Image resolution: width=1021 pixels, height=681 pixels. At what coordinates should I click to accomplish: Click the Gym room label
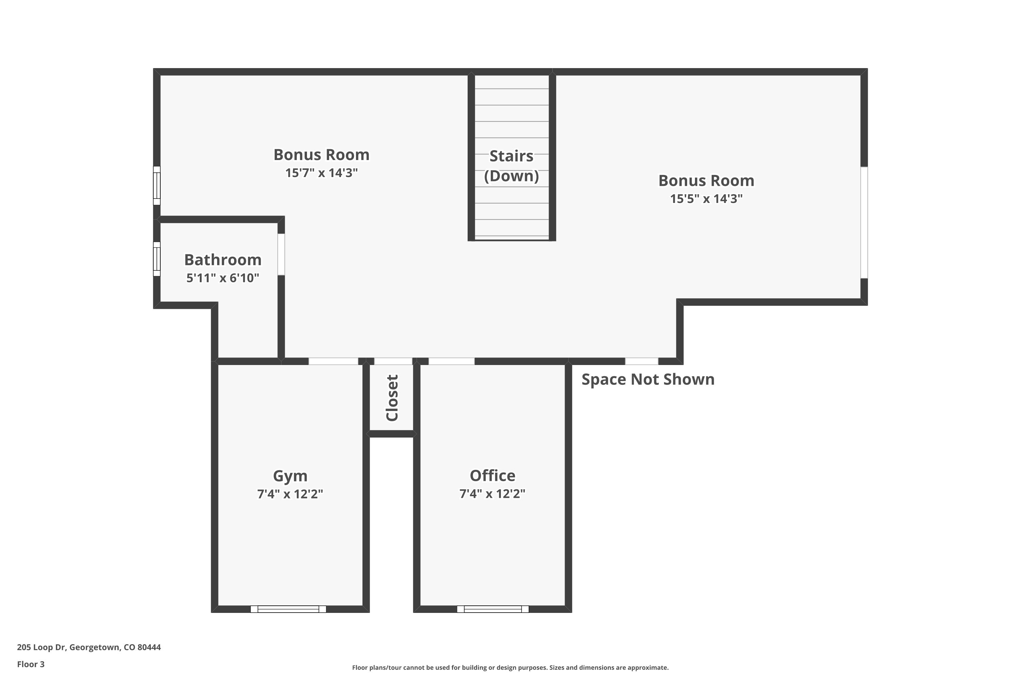290,476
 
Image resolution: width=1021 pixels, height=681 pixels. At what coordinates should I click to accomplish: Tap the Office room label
492,476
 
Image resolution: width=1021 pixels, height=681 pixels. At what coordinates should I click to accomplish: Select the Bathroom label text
223,260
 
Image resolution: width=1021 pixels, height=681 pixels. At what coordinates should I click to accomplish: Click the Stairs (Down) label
512,166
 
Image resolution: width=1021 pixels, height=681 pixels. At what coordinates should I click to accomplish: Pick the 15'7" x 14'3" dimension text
321,173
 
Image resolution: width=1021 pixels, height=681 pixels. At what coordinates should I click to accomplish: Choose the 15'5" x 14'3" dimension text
706,199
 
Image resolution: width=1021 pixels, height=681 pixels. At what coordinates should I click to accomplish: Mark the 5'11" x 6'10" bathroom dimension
223,278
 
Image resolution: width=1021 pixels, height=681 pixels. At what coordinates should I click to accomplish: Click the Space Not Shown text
648,379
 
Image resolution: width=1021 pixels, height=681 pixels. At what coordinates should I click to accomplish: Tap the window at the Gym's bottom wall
288,609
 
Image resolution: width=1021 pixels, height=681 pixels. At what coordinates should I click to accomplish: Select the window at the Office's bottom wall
493,609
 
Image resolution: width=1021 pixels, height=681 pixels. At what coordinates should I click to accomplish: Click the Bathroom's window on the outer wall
157,259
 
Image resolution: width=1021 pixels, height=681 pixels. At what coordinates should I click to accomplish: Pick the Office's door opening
452,361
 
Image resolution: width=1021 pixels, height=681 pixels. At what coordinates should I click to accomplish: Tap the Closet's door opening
393,361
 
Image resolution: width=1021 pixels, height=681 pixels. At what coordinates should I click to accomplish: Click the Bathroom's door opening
281,254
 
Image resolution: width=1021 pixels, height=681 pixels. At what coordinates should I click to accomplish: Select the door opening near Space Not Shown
641,361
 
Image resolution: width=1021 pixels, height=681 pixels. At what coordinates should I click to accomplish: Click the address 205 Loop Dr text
88,647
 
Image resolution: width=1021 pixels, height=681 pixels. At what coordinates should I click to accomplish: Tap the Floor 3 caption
31,664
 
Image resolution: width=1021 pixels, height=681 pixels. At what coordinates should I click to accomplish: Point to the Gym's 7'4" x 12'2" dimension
290,494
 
